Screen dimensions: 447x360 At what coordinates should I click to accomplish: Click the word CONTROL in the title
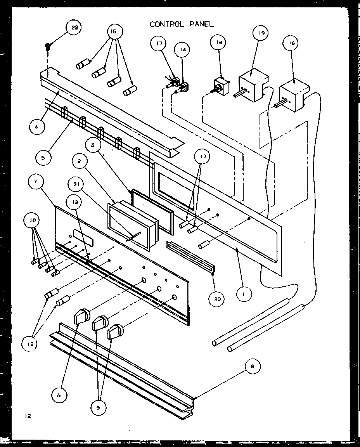click(165, 24)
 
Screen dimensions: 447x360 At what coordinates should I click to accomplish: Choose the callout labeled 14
click(183, 50)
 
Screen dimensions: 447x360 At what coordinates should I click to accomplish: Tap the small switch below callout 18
click(221, 86)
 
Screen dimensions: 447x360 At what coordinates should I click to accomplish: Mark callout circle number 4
click(36, 127)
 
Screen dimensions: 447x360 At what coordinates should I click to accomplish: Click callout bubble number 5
click(43, 158)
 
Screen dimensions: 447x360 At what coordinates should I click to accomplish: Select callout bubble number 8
click(252, 366)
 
